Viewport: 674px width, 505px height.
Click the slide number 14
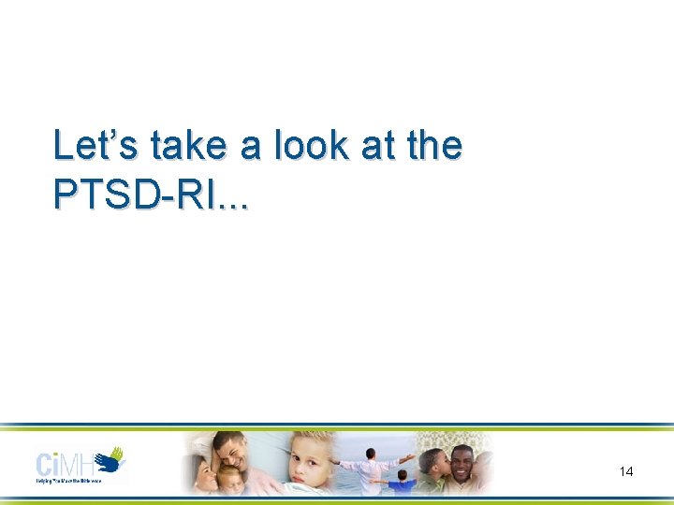click(626, 471)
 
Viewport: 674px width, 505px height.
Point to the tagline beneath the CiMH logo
click(68, 480)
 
